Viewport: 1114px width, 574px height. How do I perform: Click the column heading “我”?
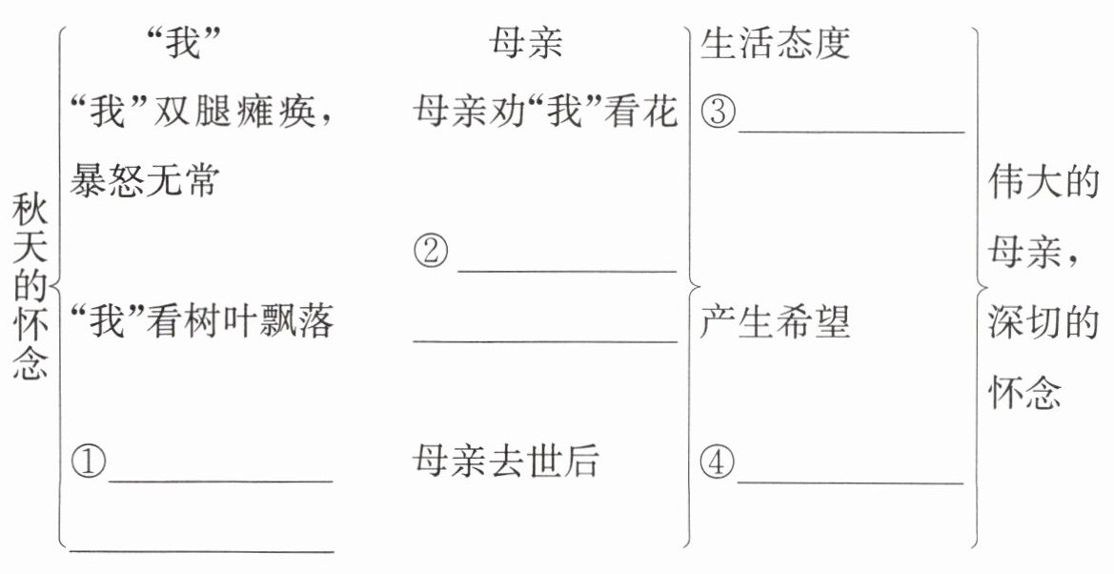click(x=186, y=45)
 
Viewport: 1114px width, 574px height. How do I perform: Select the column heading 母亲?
click(x=527, y=45)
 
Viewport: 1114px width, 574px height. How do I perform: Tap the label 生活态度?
click(x=775, y=45)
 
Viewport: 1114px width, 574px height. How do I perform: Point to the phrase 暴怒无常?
click(x=144, y=179)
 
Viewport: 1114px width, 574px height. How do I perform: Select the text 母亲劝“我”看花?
click(x=546, y=113)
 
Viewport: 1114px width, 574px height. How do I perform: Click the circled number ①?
click(x=88, y=463)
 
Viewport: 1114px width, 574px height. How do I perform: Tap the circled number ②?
click(x=432, y=254)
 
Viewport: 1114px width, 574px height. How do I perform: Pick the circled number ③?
click(x=718, y=113)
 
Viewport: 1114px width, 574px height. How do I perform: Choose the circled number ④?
click(x=718, y=463)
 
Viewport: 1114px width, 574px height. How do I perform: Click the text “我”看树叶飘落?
click(x=203, y=322)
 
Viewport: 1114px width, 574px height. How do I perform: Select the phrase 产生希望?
click(x=775, y=322)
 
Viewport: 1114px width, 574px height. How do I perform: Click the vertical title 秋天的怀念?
click(x=30, y=287)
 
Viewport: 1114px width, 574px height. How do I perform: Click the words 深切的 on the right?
click(x=1044, y=322)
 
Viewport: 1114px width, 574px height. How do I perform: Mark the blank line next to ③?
click(x=851, y=132)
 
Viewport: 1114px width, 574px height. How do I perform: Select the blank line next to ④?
click(x=850, y=482)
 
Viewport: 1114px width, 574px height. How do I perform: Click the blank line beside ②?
click(x=566, y=271)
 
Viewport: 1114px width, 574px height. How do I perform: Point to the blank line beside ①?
click(x=220, y=482)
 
